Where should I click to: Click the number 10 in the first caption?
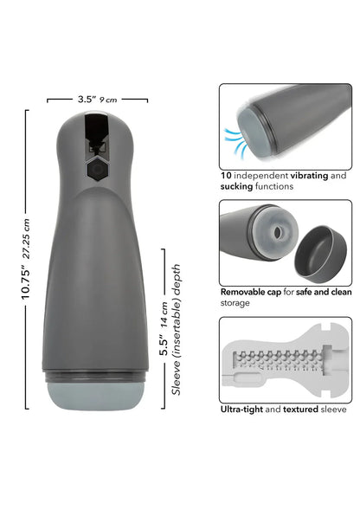pos(225,175)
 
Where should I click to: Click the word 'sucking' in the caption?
pos(239,186)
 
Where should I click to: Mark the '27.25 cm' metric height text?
pos(28,230)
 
